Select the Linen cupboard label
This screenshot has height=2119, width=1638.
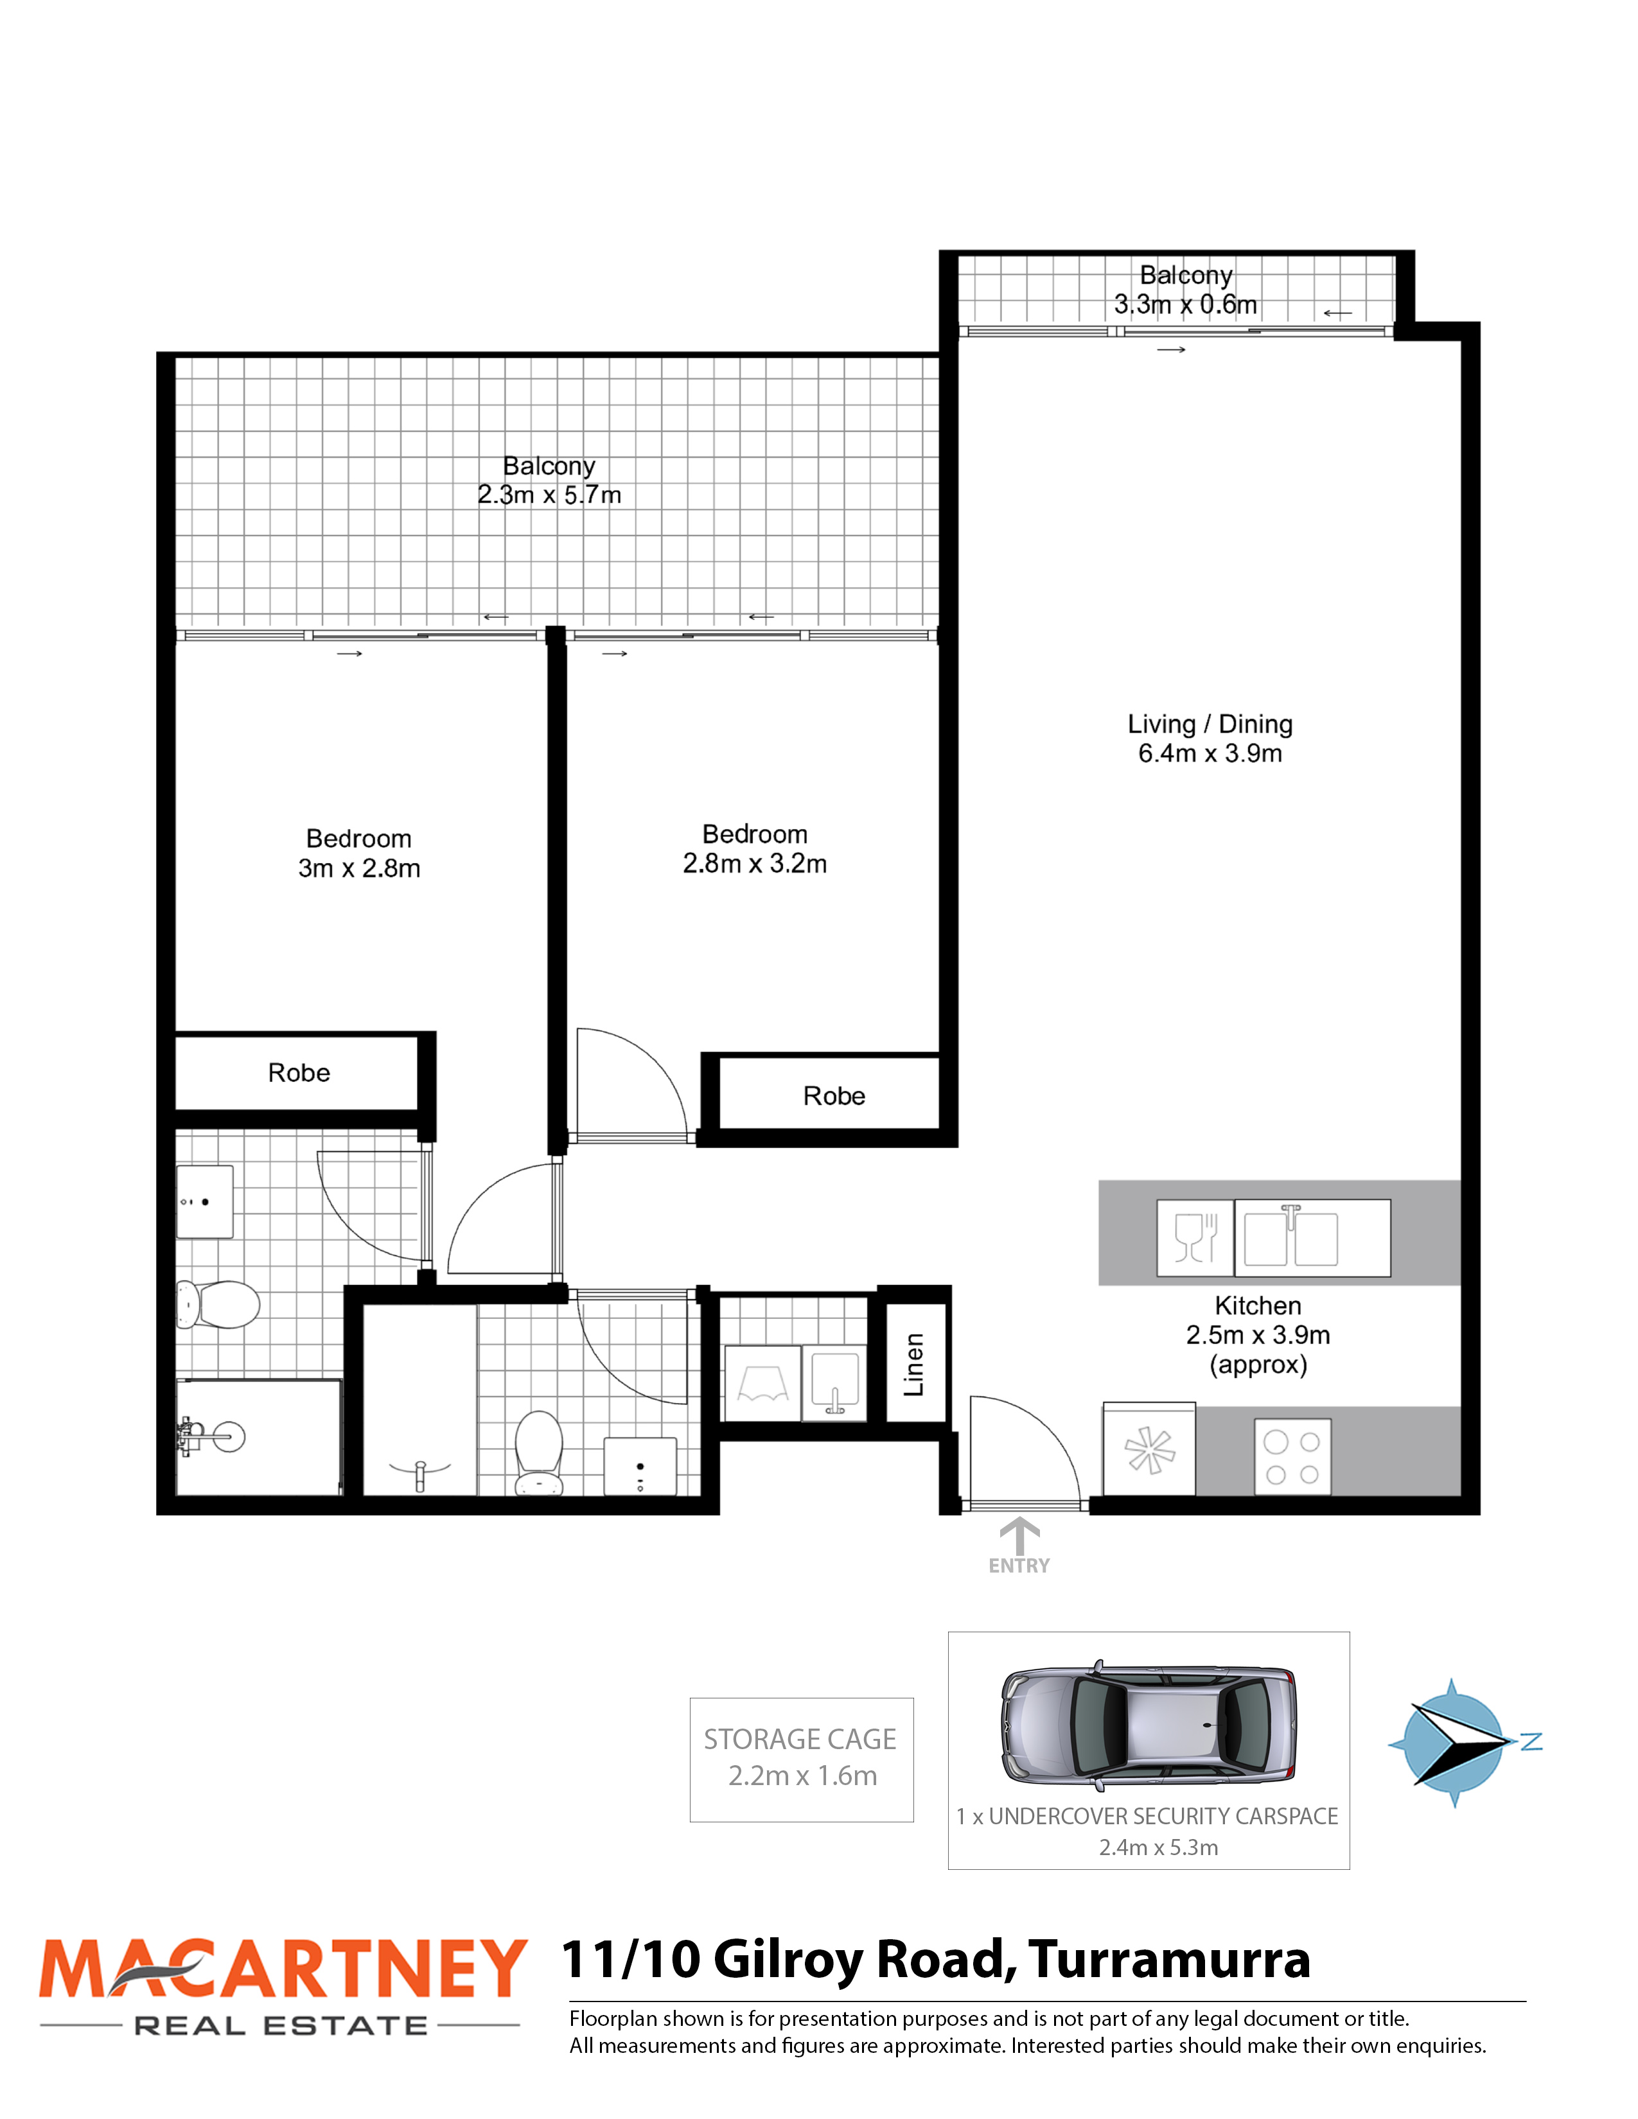click(913, 1364)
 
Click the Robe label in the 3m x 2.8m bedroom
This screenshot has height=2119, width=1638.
click(299, 1072)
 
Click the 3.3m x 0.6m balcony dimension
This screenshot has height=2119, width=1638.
click(1185, 304)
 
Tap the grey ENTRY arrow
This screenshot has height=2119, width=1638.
click(1019, 1536)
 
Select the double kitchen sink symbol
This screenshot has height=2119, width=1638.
click(1312, 1238)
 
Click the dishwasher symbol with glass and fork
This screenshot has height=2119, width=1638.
click(1195, 1238)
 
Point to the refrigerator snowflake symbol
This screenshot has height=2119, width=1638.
click(1149, 1449)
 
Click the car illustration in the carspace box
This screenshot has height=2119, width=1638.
click(1149, 1726)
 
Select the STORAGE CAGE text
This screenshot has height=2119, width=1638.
click(800, 1739)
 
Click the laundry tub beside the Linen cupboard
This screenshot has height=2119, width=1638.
click(834, 1382)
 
